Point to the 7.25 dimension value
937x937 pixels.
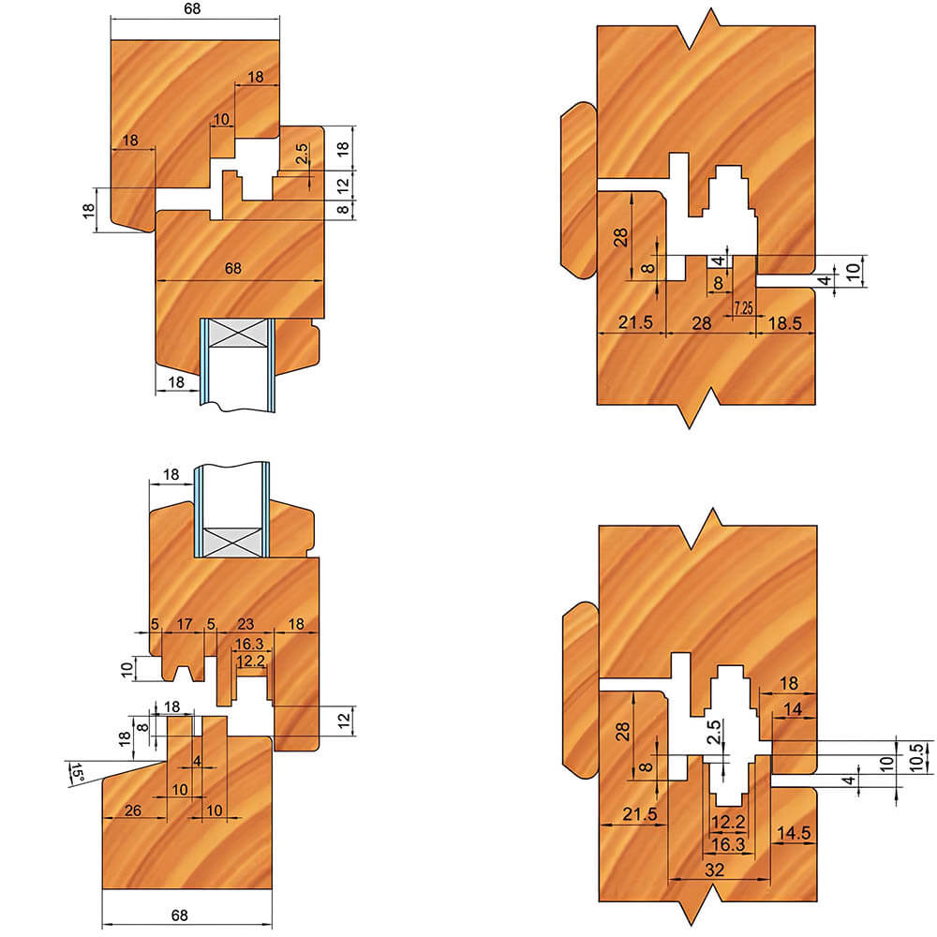pos(743,307)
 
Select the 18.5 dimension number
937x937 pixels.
pos(784,323)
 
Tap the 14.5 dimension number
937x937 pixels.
pos(793,832)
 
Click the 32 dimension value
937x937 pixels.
pos(715,870)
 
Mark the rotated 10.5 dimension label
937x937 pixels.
pos(916,757)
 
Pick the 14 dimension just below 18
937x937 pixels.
pos(793,709)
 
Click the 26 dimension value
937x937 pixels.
pos(133,811)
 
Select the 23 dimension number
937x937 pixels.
pos(245,624)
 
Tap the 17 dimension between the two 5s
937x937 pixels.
pos(184,624)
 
